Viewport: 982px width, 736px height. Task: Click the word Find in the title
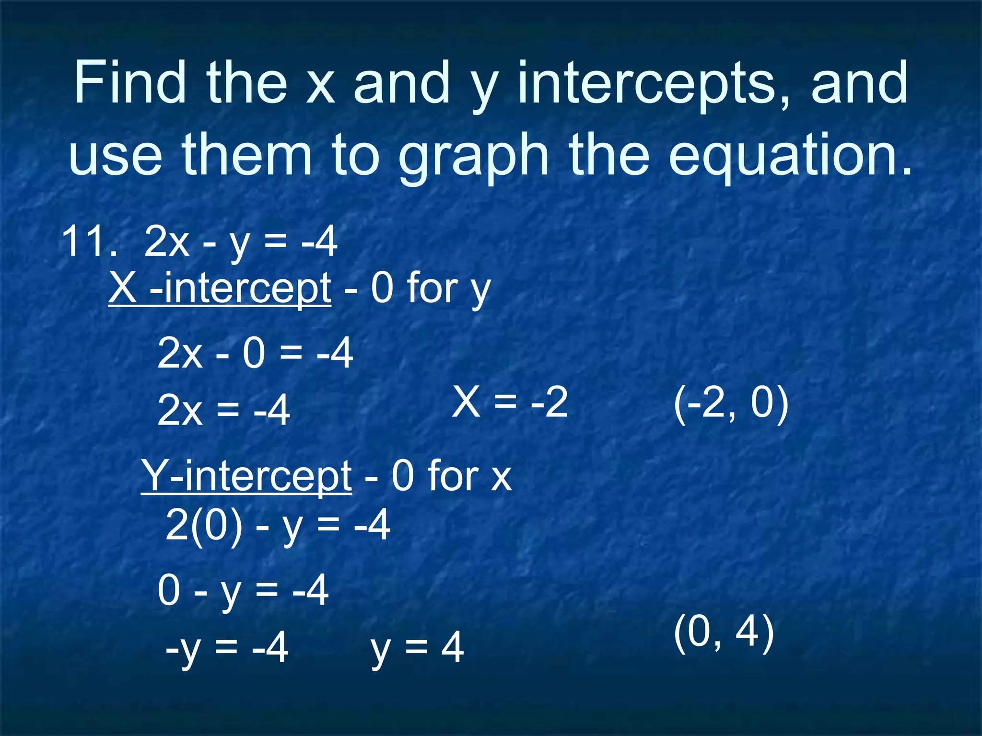pos(129,82)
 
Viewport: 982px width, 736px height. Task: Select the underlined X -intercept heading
pos(220,288)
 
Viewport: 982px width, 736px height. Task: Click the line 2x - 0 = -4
pos(255,354)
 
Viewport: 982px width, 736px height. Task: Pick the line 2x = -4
pos(223,410)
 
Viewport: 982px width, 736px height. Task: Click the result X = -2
pos(510,402)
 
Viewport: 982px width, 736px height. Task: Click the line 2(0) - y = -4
pos(278,525)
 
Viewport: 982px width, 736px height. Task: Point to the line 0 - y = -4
pos(243,590)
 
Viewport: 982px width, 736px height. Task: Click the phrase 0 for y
pos(431,288)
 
